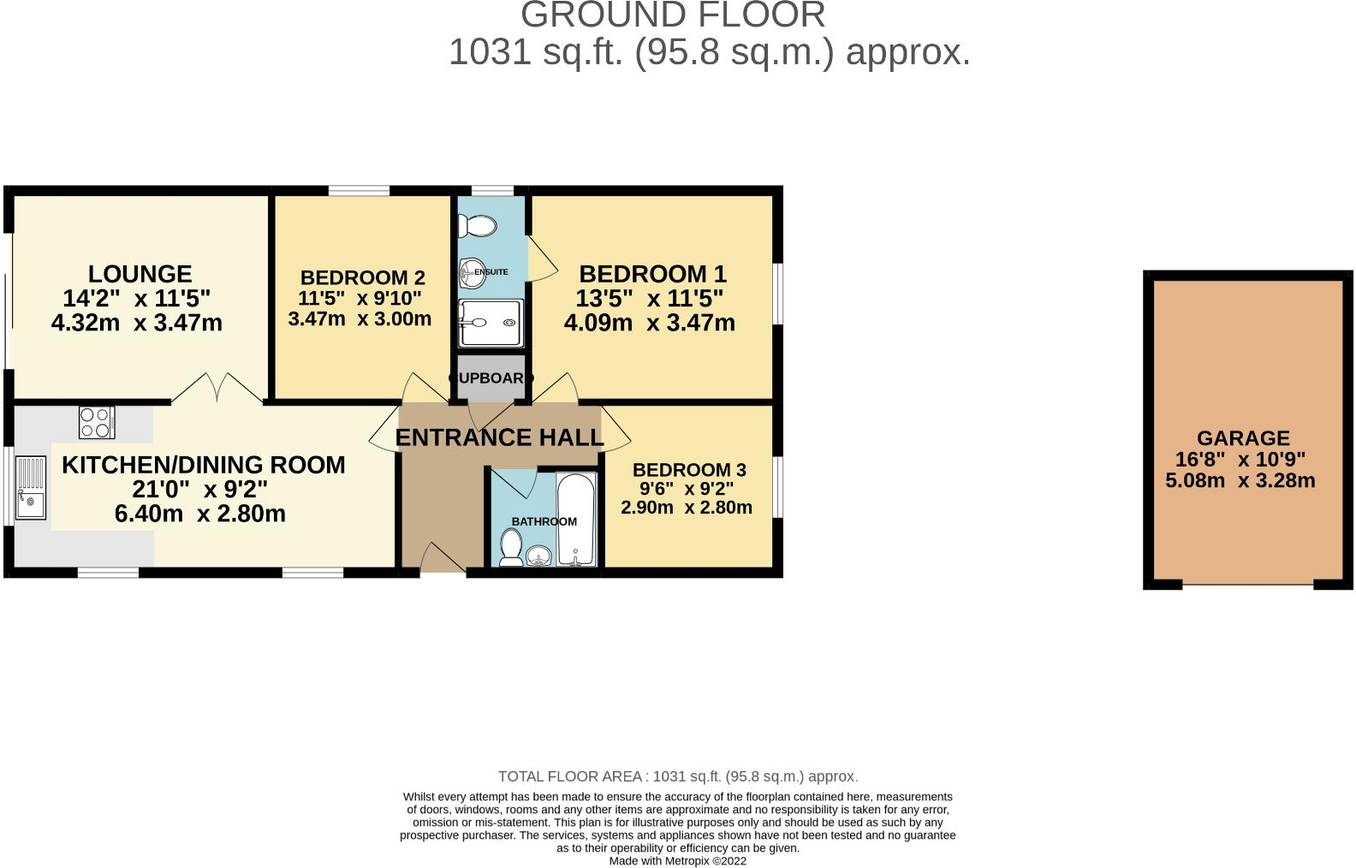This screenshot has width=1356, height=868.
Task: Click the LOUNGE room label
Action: (140, 274)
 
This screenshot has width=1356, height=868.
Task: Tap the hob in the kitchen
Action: (97, 422)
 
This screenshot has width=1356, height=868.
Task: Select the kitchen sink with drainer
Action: (31, 488)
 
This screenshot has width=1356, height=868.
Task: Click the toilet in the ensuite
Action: (478, 226)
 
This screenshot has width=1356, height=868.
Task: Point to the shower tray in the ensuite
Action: (490, 323)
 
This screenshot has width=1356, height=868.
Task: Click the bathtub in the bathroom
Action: (576, 520)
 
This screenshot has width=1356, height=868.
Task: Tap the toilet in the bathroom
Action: (511, 548)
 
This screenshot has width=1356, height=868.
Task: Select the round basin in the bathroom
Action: (539, 556)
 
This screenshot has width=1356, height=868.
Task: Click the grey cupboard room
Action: (491, 378)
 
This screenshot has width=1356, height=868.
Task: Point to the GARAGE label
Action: (1243, 437)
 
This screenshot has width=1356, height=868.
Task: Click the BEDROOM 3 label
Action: (689, 470)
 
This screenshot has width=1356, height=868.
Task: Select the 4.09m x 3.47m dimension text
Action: (649, 323)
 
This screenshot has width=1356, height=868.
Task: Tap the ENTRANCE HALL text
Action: (499, 437)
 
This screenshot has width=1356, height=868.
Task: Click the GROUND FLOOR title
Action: (673, 15)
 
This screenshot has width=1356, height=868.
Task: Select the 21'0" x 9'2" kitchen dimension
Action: (199, 490)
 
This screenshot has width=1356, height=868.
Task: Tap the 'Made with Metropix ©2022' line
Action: (677, 861)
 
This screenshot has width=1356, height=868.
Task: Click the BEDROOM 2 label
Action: (362, 277)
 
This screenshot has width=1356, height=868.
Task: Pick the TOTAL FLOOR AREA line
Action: (677, 776)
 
